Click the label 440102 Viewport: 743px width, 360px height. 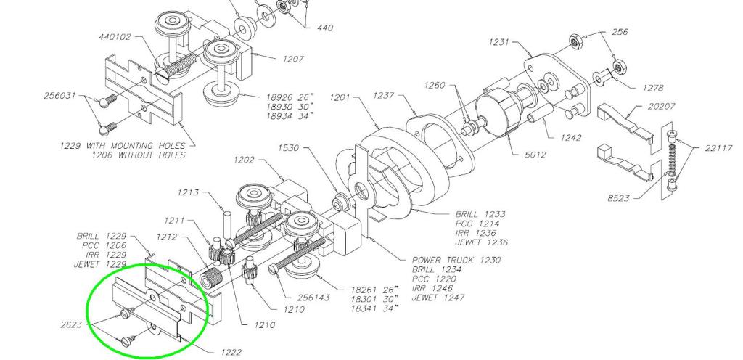114,36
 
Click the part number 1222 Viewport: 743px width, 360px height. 230,352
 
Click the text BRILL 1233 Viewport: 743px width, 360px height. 480,214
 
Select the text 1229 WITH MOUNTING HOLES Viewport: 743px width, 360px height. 123,145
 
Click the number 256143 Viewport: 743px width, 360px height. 316,298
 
